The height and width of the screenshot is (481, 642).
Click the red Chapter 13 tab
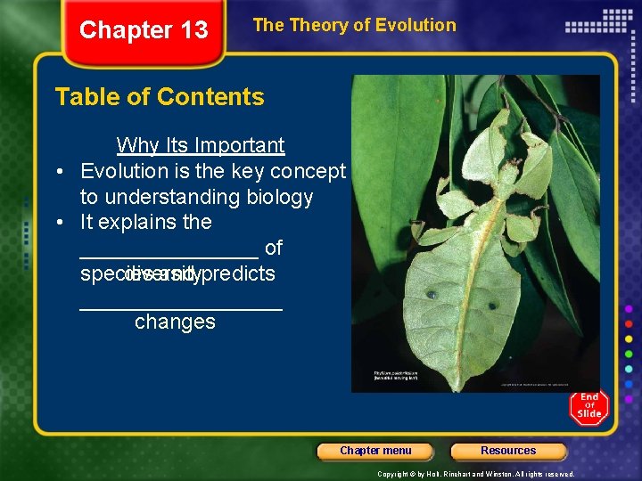coord(144,31)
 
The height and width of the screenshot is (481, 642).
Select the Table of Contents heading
coord(160,96)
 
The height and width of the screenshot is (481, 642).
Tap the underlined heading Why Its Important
coord(201,145)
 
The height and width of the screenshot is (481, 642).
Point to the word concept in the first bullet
coord(309,170)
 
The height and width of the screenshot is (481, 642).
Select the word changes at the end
coord(175,322)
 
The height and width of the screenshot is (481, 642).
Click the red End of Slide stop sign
coord(589,407)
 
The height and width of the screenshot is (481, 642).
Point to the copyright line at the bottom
coord(476,475)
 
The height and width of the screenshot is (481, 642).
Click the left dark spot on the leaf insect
coord(431,294)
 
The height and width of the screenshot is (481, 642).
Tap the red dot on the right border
coord(630,323)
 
